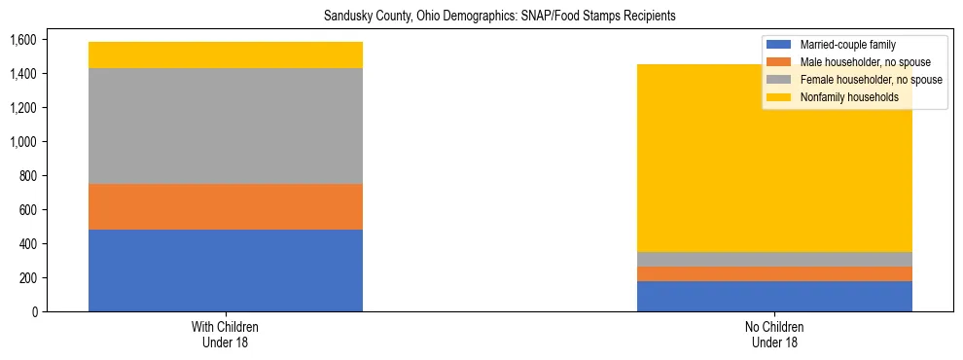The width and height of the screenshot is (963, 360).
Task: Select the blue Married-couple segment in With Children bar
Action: [226, 270]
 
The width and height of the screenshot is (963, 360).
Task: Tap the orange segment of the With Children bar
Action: [226, 206]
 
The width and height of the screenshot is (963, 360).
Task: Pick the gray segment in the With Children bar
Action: [226, 126]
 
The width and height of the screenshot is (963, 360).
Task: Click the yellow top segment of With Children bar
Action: [226, 54]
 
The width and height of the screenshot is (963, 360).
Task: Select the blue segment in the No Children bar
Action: [774, 296]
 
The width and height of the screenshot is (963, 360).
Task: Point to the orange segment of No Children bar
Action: [774, 273]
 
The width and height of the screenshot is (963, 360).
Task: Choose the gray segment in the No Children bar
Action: [774, 259]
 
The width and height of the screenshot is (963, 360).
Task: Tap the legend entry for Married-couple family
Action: [846, 45]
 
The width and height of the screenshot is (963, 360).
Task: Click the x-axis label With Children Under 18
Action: [226, 334]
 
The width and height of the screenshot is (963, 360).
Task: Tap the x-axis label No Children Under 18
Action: [774, 334]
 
